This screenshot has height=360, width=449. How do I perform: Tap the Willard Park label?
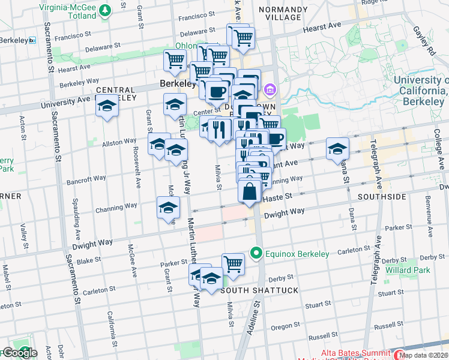[x=412, y=271]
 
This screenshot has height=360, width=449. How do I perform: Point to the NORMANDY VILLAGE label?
[x=279, y=13]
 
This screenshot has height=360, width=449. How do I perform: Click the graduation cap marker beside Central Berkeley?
[x=107, y=106]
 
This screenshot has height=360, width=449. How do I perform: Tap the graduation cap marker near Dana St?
[x=338, y=148]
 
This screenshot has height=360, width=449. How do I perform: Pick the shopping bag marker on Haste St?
[x=250, y=192]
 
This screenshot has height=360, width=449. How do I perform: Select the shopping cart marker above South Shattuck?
[x=232, y=263]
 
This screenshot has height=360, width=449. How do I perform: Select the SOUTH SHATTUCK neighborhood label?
[x=259, y=290]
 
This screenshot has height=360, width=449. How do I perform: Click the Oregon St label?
[x=281, y=327]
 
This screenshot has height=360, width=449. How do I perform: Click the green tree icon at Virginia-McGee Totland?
[x=106, y=10]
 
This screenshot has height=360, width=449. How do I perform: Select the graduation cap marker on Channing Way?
[x=168, y=208]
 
